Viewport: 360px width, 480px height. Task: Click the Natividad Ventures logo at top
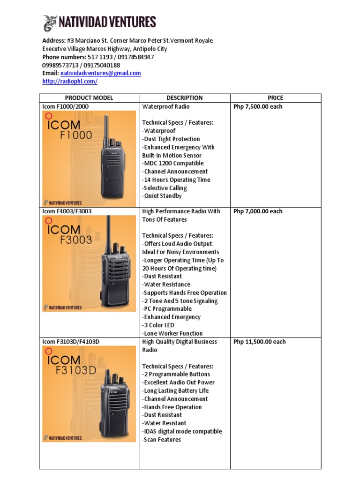(99, 22)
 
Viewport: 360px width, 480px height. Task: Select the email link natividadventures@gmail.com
(100, 73)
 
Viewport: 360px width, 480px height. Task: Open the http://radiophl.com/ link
(70, 81)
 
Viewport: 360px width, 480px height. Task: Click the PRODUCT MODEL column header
(89, 98)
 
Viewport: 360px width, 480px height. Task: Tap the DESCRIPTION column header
(184, 98)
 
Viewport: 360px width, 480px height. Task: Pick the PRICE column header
(275, 98)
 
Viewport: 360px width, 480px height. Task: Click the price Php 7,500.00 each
(258, 106)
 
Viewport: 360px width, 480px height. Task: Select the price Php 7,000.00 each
(258, 211)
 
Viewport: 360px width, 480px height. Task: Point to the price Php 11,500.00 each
(259, 342)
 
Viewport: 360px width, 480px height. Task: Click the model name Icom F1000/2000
(65, 106)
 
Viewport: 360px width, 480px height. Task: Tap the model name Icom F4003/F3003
(67, 211)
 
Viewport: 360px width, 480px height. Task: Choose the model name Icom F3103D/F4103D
(71, 342)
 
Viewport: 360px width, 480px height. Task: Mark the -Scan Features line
(161, 440)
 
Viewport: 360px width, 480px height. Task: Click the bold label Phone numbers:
(64, 57)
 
